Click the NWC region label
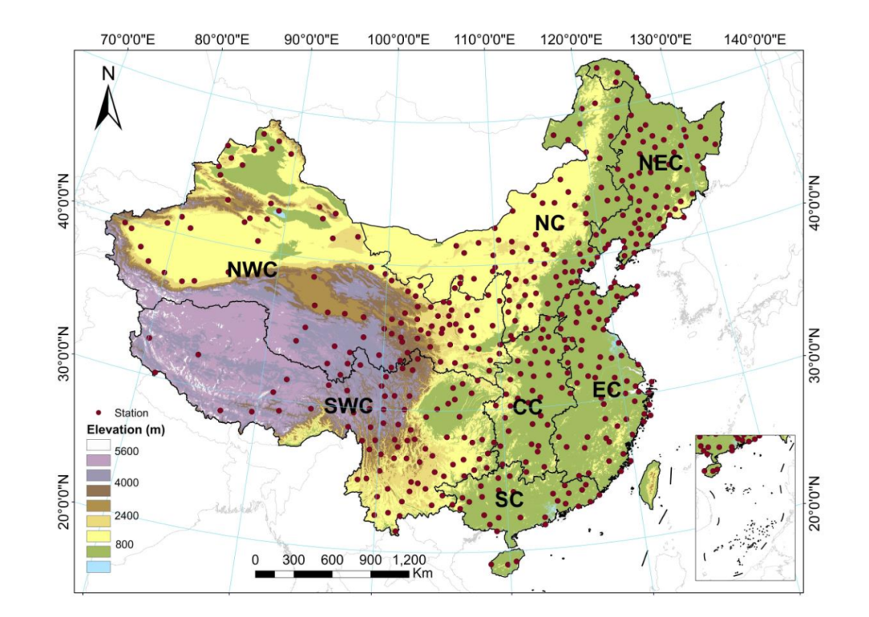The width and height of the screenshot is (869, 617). coord(252,270)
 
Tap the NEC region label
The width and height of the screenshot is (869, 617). coord(660,164)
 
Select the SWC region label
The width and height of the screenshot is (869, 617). coord(348,406)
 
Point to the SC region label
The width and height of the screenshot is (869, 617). coord(509,499)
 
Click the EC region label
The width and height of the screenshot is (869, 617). coord(607,390)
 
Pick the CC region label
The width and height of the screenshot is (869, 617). coord(528,408)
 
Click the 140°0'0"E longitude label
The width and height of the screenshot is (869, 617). coord(757,38)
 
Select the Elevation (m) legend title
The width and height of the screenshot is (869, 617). coord(126,430)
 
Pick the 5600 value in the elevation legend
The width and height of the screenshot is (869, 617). coord(126,451)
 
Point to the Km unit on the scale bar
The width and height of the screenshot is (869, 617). coord(422,574)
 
